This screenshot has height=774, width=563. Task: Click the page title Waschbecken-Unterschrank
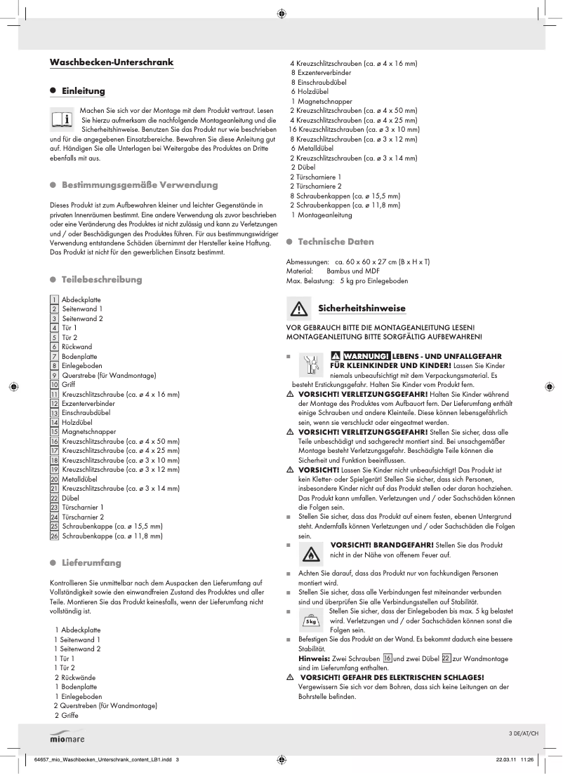click(111, 63)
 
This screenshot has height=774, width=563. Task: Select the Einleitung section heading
click(83, 91)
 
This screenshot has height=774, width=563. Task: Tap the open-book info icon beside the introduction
click(62, 120)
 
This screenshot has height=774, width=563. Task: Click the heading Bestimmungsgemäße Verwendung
click(140, 185)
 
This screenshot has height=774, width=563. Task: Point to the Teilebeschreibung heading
click(102, 280)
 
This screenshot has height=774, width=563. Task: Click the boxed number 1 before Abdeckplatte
click(54, 299)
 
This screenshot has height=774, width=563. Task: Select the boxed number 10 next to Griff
click(54, 384)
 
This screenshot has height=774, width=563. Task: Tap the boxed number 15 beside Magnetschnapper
click(54, 432)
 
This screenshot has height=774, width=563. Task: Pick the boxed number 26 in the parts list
click(54, 536)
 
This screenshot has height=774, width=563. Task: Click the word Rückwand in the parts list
click(77, 346)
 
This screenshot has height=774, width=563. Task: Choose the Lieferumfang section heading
click(91, 563)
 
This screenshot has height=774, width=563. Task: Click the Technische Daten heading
click(336, 242)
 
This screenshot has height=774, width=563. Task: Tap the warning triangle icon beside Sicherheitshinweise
click(299, 308)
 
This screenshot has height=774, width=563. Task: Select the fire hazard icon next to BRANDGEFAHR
click(310, 553)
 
